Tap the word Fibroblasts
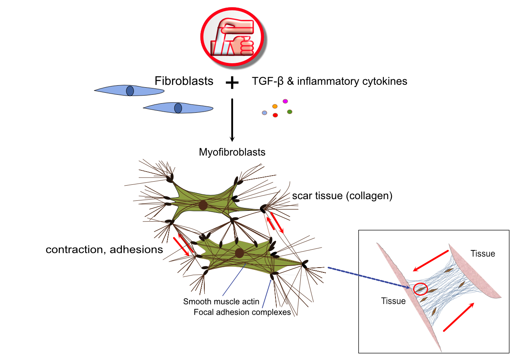tap(184, 81)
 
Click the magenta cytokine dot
tap(285, 101)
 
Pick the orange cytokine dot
tap(275, 106)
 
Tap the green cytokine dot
tap(289, 112)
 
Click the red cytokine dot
tap(275, 115)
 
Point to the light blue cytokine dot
tap(264, 113)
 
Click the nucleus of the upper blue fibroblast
tap(130, 91)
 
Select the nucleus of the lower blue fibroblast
tap(178, 108)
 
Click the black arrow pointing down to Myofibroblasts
tap(232, 120)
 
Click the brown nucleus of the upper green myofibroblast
tap(203, 205)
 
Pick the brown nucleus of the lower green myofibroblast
tap(240, 253)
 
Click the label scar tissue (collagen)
tap(342, 196)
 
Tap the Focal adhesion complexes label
tap(242, 312)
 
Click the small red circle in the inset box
tap(420, 288)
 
